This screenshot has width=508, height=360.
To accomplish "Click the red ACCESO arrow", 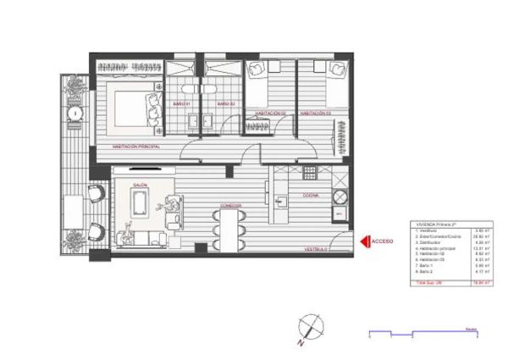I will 365,242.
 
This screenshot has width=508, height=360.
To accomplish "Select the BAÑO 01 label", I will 180,104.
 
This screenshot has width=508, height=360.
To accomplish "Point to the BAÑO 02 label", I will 224,104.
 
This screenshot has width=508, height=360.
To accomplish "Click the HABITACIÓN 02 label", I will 270,113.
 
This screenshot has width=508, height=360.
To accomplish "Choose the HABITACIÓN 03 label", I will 315,113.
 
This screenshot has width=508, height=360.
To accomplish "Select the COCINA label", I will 311,195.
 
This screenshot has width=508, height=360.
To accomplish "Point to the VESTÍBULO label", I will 316,250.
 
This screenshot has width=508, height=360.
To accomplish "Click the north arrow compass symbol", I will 309,326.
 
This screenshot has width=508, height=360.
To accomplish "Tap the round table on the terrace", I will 76,111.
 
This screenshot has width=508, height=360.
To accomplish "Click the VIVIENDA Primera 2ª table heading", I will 431,224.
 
